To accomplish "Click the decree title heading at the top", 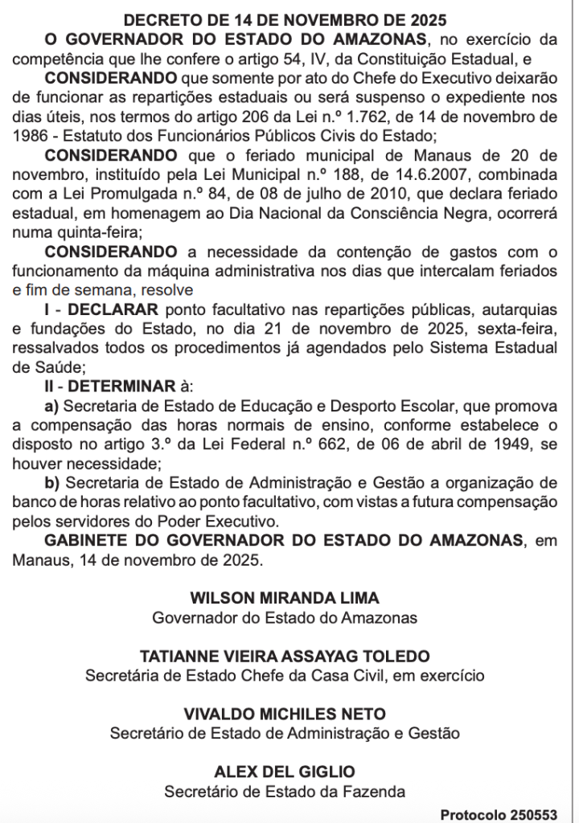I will point(286,19).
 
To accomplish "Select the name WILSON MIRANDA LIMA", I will point(285,599).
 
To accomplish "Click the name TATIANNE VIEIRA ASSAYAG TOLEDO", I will point(285,657).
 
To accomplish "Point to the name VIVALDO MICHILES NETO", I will point(285,714).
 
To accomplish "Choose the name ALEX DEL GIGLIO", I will point(285,772).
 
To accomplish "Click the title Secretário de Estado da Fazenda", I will point(285,792).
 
